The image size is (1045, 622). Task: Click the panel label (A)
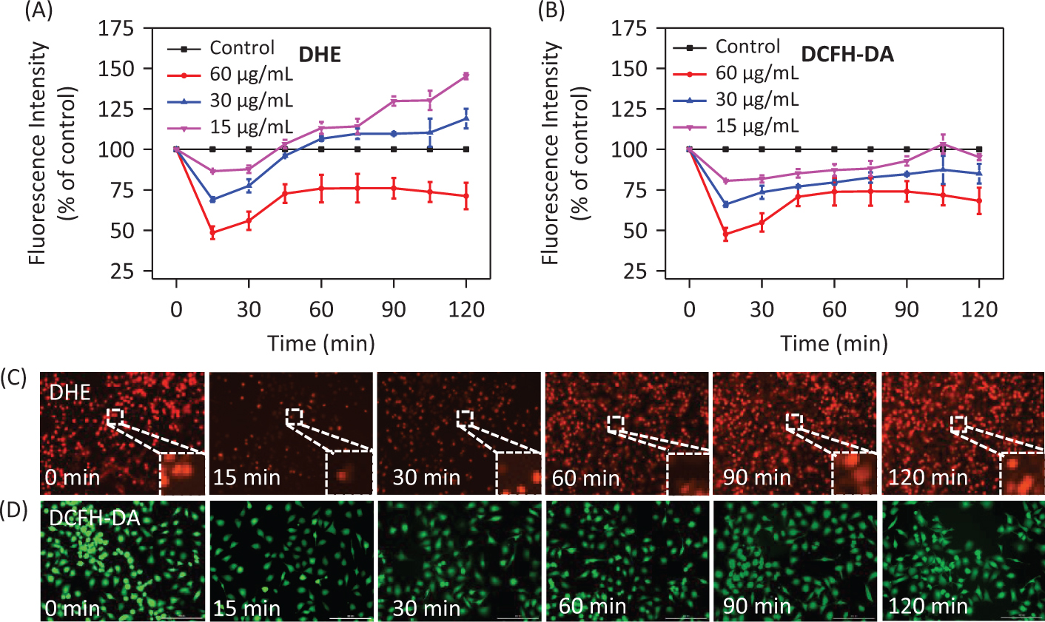coord(39,11)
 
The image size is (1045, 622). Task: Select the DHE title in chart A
coord(320,54)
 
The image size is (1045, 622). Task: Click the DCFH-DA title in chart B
coord(847,54)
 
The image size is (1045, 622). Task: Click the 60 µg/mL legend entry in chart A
coord(251,74)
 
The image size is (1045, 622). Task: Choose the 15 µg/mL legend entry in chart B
coord(757,126)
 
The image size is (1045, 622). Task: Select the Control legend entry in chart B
coord(747,47)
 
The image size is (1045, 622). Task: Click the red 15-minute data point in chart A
coord(212,233)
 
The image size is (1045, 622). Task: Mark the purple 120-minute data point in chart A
coord(466,75)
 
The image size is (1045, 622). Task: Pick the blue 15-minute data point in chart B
coord(725,204)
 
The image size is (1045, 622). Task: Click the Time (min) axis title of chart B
coord(834,343)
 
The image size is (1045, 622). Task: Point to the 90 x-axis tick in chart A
coord(394,309)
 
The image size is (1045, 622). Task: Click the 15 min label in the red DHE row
coord(246,477)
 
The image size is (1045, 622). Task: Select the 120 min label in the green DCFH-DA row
coord(928,606)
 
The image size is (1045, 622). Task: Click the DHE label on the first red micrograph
coord(70,392)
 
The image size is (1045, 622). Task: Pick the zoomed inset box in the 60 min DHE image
coord(688,473)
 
